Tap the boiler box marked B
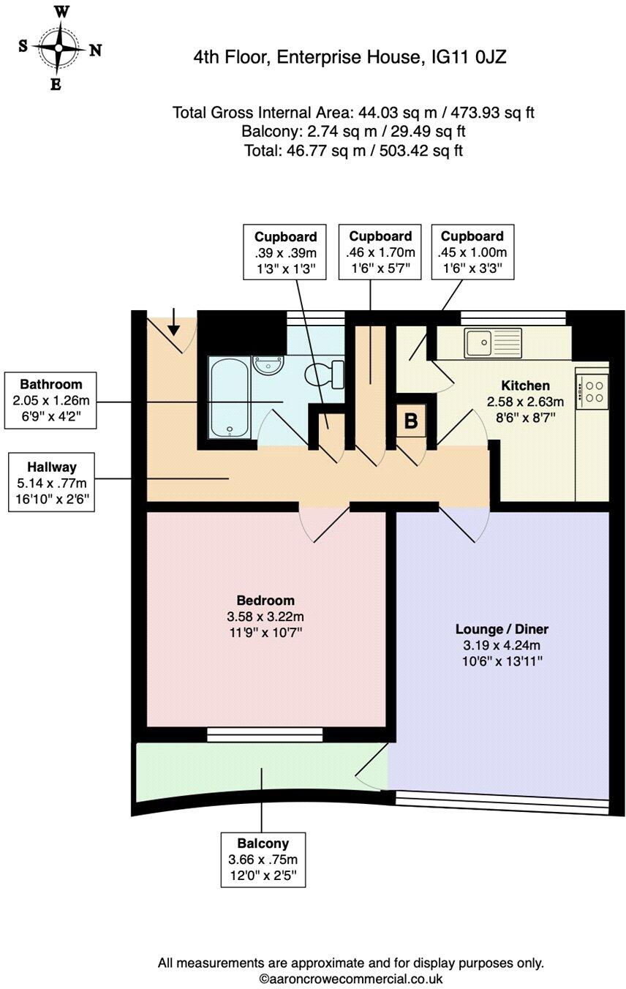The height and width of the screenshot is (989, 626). point(411,421)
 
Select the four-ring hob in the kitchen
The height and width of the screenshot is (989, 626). point(592,390)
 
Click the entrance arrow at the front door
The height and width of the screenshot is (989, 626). point(174,322)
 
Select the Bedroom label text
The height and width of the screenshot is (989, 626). point(265,600)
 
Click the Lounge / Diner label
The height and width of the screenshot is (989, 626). point(502,628)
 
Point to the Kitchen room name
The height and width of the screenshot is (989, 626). point(525,386)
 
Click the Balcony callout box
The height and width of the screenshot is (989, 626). point(263,860)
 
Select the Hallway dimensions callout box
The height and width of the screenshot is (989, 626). point(51,481)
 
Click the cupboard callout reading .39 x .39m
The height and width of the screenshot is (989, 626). point(286,252)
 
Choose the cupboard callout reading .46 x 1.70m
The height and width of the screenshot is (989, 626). point(380,252)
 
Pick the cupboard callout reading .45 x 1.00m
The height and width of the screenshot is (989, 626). point(472,252)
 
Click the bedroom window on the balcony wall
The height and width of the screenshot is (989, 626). point(265,734)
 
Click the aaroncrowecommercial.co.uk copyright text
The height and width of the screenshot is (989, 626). point(351,978)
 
